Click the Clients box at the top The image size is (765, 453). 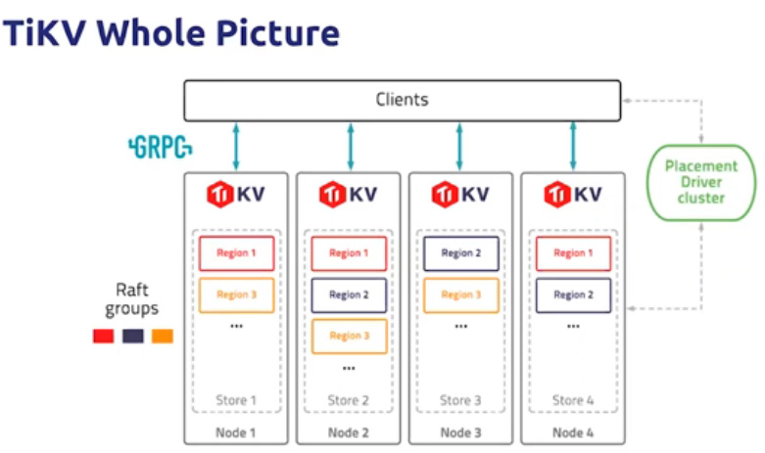point(402,100)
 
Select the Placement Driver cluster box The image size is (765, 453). point(700,182)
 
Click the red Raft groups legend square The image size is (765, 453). point(103,336)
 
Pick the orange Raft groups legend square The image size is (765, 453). point(162,336)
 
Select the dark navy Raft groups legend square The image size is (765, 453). point(132,336)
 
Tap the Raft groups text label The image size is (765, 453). point(135,299)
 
